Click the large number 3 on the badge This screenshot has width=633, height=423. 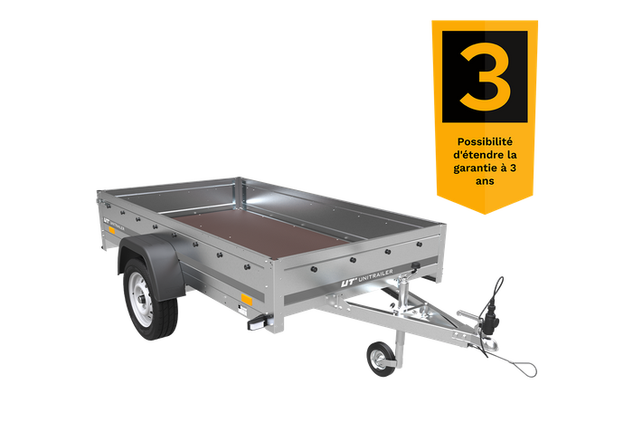tap(485, 77)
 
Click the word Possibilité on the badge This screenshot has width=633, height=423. tap(485, 142)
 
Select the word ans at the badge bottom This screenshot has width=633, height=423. tap(485, 181)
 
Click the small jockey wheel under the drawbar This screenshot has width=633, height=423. tap(381, 359)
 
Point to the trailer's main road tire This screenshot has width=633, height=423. tap(150, 299)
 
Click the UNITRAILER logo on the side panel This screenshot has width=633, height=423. tap(114, 225)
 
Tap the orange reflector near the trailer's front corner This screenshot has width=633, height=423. tap(247, 300)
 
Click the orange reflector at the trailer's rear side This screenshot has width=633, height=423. tap(111, 230)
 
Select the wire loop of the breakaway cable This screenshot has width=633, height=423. tap(520, 367)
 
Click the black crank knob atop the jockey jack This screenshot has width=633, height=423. tap(415, 265)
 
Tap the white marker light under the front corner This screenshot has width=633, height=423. tap(257, 324)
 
